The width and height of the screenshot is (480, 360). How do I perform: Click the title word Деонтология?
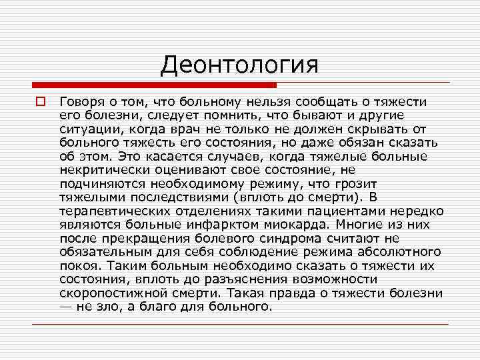(x=239, y=65)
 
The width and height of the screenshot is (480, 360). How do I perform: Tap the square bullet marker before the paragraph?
(x=40, y=101)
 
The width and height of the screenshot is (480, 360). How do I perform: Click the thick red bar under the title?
(x=154, y=85)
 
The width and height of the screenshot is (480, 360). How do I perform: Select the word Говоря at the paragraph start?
(x=80, y=101)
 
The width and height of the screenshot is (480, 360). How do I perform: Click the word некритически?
(x=103, y=171)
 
